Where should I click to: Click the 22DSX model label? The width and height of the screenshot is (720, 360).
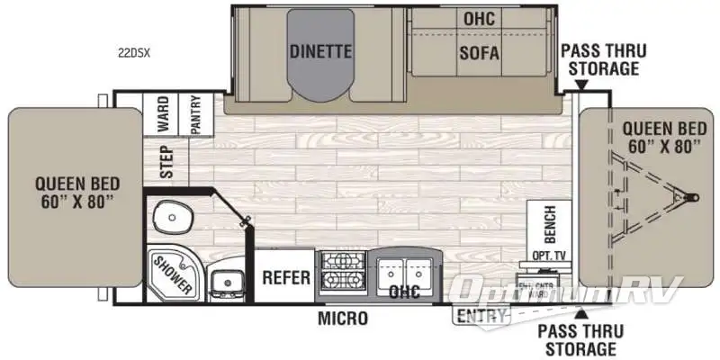(134, 53)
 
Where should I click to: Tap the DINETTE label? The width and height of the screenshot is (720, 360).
(319, 51)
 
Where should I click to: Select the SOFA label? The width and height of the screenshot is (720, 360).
(479, 51)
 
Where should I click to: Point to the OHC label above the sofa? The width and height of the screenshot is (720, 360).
(479, 18)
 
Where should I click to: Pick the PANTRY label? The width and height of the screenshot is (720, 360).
(195, 115)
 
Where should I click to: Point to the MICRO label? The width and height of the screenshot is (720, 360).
(341, 318)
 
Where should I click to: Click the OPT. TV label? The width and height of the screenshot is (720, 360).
(548, 256)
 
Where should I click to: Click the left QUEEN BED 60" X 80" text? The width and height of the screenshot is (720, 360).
(73, 192)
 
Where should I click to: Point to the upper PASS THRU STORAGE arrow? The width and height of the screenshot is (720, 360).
(581, 85)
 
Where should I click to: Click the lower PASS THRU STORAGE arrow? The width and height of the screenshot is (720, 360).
(581, 312)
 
